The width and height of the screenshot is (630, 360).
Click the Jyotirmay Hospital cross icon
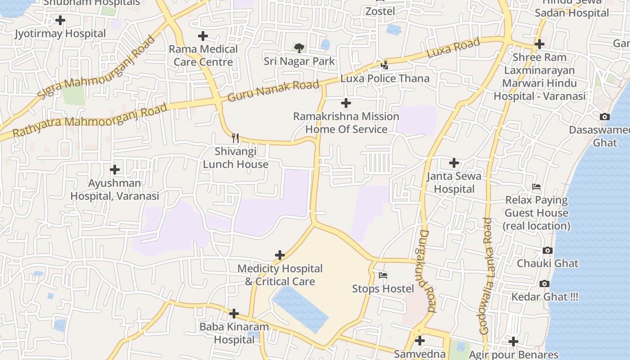60,20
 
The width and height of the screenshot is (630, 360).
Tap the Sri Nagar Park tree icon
299,48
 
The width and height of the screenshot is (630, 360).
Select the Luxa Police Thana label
385,78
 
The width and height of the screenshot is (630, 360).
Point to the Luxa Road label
453,48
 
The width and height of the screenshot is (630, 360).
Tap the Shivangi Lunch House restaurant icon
235,138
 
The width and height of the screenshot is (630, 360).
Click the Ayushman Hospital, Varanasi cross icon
115,170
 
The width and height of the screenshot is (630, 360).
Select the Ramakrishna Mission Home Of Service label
346,123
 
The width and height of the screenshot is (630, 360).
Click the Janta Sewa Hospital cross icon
454,162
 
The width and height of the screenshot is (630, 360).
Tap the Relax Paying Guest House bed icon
536,187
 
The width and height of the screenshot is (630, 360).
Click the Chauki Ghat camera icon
548,250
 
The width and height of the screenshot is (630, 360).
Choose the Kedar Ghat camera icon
544,283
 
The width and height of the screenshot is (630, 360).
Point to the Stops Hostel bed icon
383,275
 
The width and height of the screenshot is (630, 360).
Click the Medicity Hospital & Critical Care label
280,275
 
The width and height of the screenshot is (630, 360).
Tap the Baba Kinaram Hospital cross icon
234,314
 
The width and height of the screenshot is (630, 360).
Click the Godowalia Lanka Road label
486,276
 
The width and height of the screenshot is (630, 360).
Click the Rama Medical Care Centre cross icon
203,36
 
